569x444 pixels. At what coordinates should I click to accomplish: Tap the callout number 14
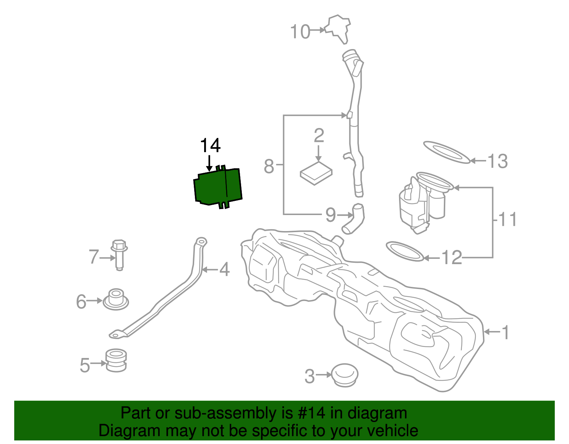(x=210, y=146)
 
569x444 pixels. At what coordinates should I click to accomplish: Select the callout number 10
(x=300, y=32)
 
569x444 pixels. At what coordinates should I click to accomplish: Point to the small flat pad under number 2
(x=316, y=173)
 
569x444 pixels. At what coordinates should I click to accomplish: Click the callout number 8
(x=269, y=166)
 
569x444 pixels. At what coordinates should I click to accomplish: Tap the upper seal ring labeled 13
(x=447, y=152)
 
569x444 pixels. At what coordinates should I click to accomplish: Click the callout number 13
(x=498, y=161)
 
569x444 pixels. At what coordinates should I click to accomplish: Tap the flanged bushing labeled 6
(x=116, y=299)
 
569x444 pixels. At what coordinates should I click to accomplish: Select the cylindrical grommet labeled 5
(x=116, y=360)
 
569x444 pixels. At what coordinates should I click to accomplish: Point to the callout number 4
(x=224, y=269)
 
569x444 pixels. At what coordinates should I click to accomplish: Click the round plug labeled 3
(x=344, y=375)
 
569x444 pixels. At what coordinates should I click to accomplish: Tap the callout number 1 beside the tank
(x=505, y=332)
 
